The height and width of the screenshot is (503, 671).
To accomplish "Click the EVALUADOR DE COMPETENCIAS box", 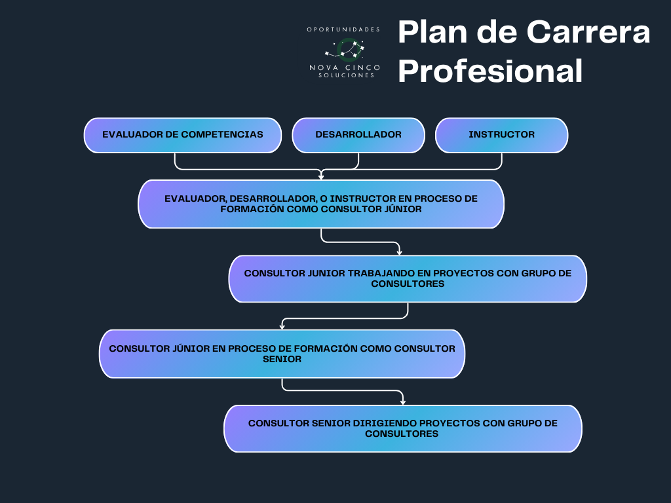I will click(x=182, y=135).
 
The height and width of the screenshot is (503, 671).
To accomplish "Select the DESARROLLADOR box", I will click(x=358, y=135).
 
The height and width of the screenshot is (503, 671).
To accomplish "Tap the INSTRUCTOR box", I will click(x=501, y=135).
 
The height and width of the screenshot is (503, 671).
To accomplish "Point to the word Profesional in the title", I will click(x=490, y=71).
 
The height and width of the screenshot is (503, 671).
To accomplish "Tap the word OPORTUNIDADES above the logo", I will click(x=344, y=29).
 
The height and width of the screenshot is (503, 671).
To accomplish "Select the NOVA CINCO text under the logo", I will click(x=345, y=68).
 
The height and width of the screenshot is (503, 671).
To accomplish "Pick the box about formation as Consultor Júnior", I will click(x=320, y=204).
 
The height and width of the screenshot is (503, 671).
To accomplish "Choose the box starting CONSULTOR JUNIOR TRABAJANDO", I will click(x=408, y=278).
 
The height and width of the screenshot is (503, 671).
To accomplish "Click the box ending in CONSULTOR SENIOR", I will click(x=282, y=354).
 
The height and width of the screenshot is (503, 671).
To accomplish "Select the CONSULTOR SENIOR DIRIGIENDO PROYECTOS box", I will click(x=402, y=428).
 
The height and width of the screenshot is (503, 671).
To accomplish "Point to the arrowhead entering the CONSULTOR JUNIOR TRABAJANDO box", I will click(x=399, y=251).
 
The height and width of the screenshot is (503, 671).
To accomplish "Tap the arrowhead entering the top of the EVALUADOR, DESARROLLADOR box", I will click(x=320, y=176).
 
